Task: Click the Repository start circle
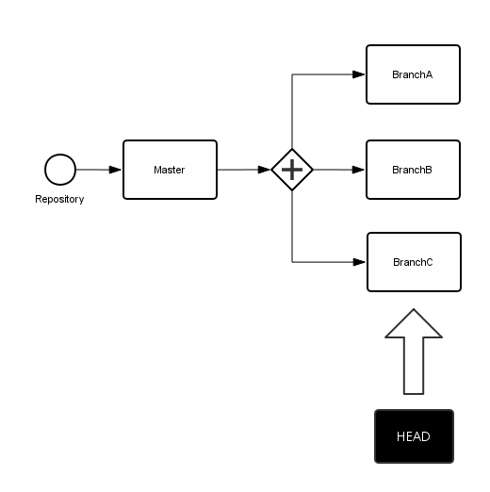point(60,170)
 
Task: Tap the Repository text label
point(59,199)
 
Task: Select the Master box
point(170,170)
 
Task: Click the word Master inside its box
point(170,170)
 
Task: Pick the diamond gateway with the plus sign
point(292,170)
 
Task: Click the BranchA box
point(413,74)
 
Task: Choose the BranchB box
point(413,170)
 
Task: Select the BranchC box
point(413,262)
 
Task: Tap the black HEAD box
point(414,436)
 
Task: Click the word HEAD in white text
point(414,436)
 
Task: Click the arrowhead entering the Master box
point(115,170)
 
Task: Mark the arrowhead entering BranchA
point(359,74)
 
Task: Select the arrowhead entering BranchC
point(359,262)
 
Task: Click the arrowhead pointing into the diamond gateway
point(265,170)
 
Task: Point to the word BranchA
point(413,74)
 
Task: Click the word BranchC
point(413,262)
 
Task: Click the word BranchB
point(413,170)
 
